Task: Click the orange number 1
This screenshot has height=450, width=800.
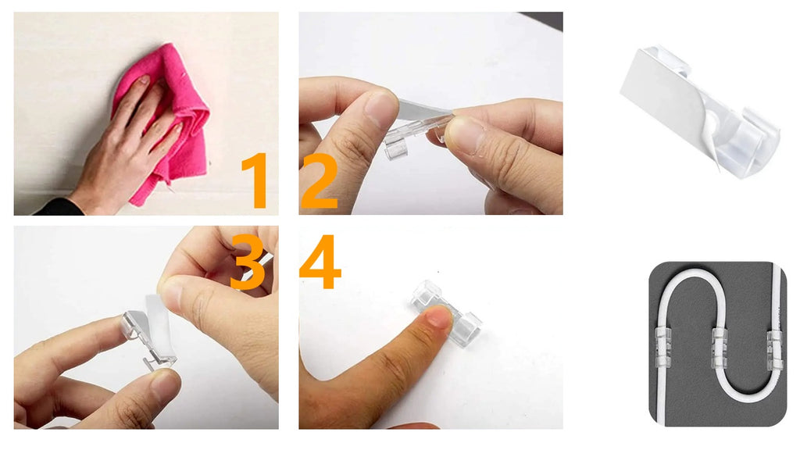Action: pos(256,180)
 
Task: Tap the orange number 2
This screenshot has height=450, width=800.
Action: pos(320,181)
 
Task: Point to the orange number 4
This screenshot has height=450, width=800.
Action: pos(320,262)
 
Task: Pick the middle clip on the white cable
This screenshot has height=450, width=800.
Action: pos(719,349)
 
